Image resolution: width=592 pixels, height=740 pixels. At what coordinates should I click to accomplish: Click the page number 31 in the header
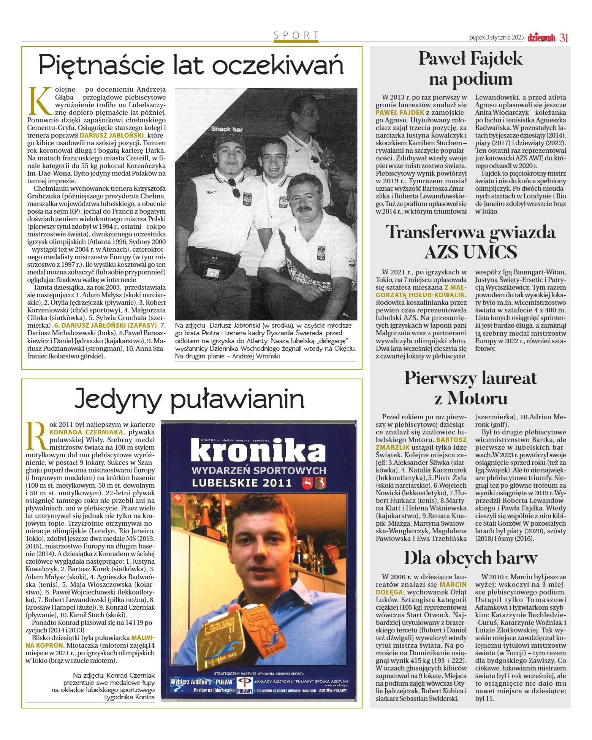click(564, 38)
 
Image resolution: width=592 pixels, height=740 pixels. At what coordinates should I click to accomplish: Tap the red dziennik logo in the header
click(541, 38)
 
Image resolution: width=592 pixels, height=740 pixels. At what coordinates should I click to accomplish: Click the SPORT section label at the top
click(296, 35)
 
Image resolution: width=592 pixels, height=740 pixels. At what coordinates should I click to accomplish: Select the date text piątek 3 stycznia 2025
click(496, 38)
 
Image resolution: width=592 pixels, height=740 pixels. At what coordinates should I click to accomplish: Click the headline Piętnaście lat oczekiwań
click(191, 65)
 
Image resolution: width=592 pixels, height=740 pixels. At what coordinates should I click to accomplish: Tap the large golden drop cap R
click(36, 436)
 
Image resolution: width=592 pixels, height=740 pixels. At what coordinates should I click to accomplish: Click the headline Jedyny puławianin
click(189, 399)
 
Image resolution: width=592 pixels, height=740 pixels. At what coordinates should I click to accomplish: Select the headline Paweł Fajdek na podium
click(470, 69)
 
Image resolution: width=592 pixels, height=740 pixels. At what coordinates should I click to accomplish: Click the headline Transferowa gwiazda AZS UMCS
click(470, 242)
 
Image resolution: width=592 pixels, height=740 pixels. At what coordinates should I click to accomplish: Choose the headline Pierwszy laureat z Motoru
click(470, 388)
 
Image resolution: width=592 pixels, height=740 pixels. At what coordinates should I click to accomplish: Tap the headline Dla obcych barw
click(470, 558)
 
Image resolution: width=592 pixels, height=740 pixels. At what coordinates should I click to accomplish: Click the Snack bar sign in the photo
click(227, 129)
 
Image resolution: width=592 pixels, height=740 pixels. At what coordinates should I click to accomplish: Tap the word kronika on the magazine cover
click(258, 451)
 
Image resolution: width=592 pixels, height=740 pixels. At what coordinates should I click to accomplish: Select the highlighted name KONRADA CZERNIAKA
click(86, 432)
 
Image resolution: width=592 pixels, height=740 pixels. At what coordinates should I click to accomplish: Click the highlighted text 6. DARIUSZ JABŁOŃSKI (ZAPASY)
click(106, 325)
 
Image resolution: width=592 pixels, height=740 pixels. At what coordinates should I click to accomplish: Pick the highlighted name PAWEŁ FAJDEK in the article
click(400, 113)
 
